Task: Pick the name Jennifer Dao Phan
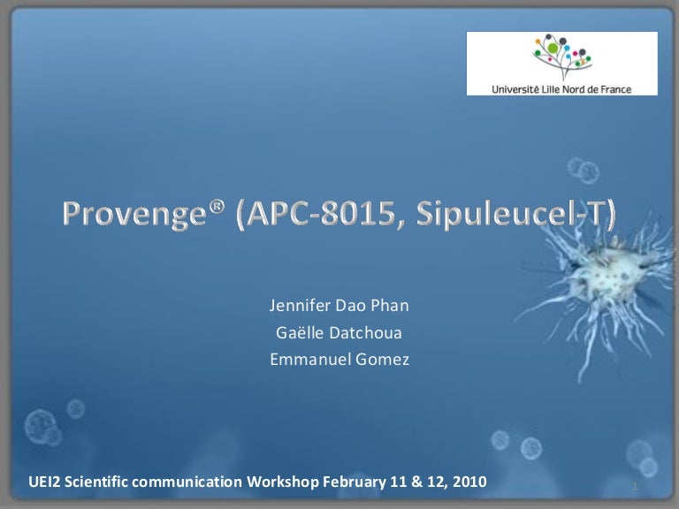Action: coord(339,308)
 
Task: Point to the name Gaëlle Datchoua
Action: coord(339,333)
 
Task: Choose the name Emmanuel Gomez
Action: coord(339,359)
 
